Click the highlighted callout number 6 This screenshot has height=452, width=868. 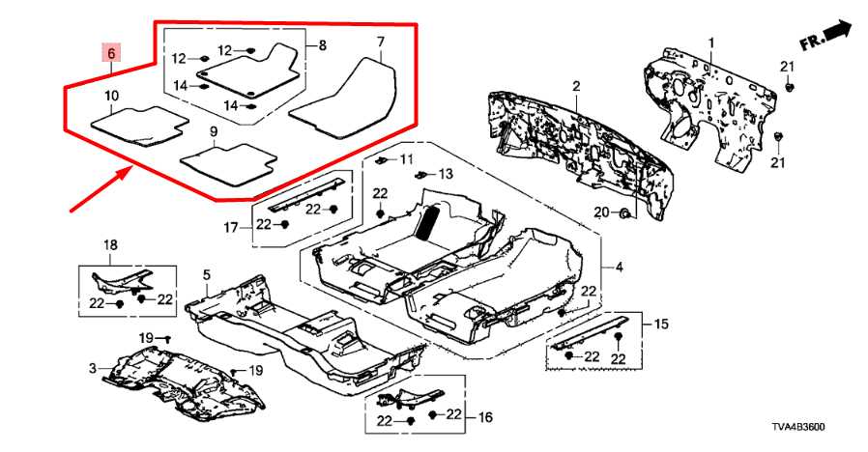pyautogui.click(x=112, y=52)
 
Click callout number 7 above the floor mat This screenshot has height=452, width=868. pyautogui.click(x=380, y=42)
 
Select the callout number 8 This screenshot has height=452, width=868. pyautogui.click(x=322, y=45)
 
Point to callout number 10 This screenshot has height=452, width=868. pyautogui.click(x=111, y=96)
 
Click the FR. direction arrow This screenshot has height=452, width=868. pyautogui.click(x=826, y=37)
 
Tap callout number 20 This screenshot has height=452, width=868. pyautogui.click(x=600, y=212)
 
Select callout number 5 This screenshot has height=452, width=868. pyautogui.click(x=206, y=276)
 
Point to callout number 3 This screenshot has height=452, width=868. pyautogui.click(x=92, y=369)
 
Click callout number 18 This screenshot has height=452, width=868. pyautogui.click(x=110, y=245)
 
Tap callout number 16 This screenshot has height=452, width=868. pyautogui.click(x=484, y=417)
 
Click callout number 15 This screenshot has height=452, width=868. pyautogui.click(x=661, y=323)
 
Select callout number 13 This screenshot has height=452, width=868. pyautogui.click(x=445, y=174)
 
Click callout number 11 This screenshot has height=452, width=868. pyautogui.click(x=406, y=158)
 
